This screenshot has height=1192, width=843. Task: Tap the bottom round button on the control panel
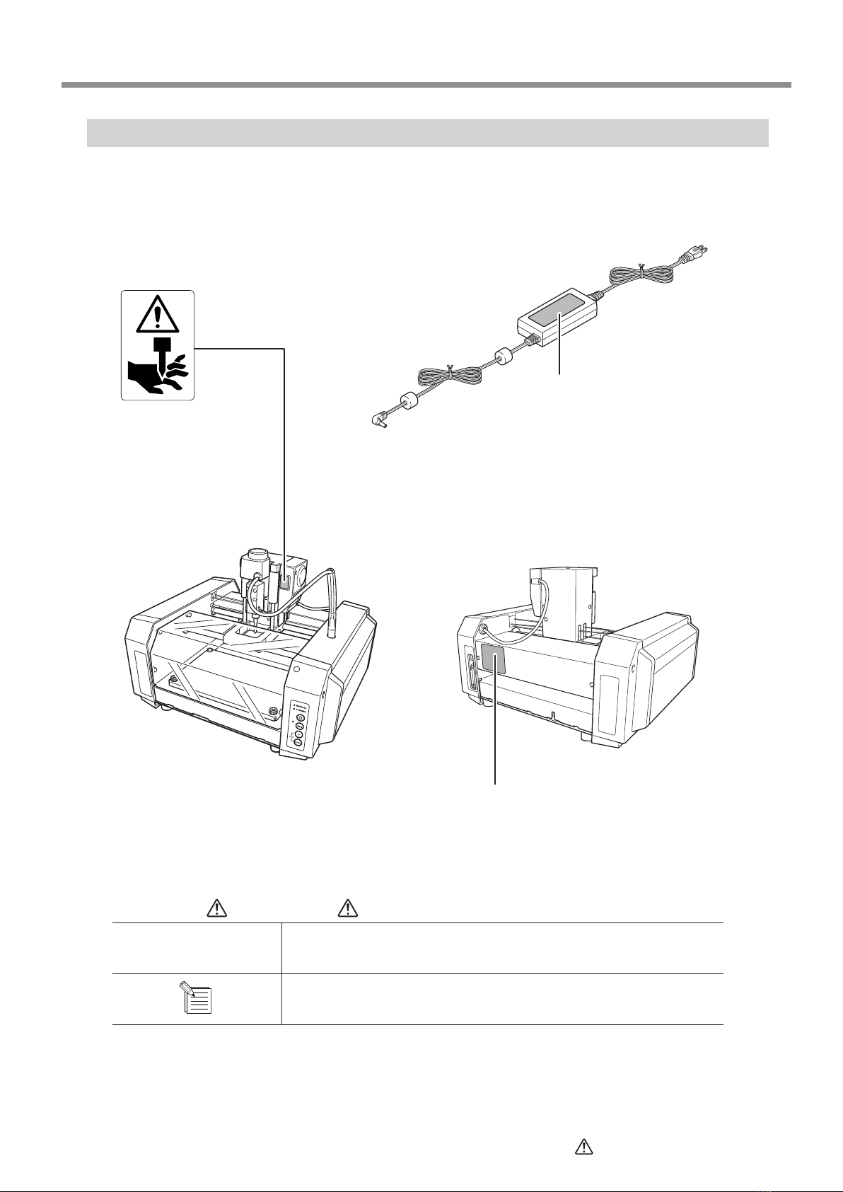click(298, 744)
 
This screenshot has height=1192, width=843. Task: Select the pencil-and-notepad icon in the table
click(197, 999)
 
